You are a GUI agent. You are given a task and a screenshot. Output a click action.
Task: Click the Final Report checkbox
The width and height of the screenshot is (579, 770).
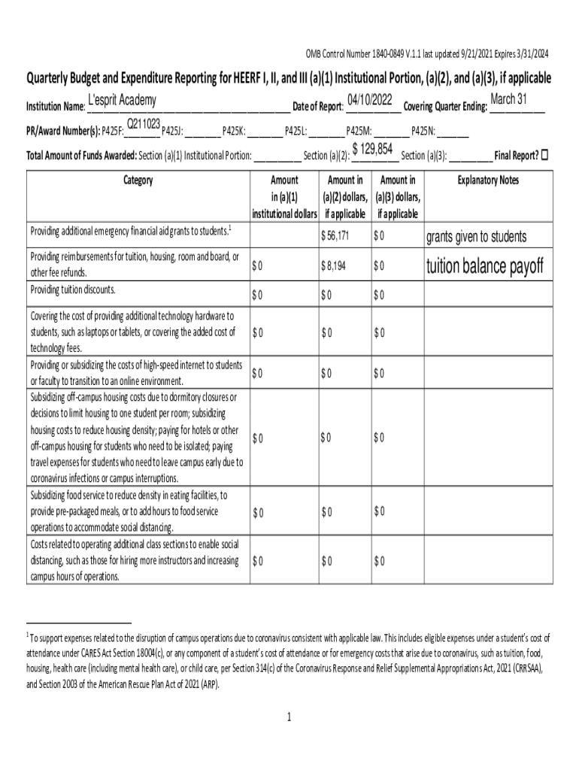pyautogui.click(x=545, y=156)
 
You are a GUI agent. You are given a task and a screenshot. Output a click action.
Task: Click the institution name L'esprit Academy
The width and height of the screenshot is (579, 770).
pyautogui.click(x=122, y=101)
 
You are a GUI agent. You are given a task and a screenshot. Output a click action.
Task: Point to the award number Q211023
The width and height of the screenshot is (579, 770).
pyautogui.click(x=142, y=123)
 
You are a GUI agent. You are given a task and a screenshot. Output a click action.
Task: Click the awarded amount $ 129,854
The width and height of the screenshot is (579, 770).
pyautogui.click(x=373, y=150)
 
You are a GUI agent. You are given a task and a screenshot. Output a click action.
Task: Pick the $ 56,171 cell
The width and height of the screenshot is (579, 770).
pyautogui.click(x=335, y=236)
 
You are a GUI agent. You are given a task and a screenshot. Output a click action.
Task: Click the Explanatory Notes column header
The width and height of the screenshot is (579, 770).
pyautogui.click(x=488, y=180)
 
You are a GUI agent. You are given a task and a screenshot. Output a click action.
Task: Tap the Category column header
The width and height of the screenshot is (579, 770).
pyautogui.click(x=138, y=180)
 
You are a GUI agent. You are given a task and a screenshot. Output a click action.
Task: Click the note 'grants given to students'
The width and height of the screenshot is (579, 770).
pyautogui.click(x=476, y=238)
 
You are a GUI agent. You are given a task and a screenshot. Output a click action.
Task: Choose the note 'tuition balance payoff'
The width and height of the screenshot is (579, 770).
pyautogui.click(x=484, y=266)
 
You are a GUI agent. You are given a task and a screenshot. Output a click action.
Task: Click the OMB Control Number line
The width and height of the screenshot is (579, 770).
pyautogui.click(x=426, y=53)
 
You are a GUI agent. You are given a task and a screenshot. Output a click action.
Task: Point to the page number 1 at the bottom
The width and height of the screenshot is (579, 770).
pyautogui.click(x=288, y=717)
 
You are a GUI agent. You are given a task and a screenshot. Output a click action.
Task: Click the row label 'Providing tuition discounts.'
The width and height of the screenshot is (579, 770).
pyautogui.click(x=73, y=290)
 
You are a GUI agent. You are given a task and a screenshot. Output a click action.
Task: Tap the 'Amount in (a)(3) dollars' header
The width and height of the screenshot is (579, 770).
pyautogui.click(x=398, y=197)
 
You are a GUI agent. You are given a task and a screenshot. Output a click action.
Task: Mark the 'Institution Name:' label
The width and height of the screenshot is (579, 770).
pyautogui.click(x=55, y=107)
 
